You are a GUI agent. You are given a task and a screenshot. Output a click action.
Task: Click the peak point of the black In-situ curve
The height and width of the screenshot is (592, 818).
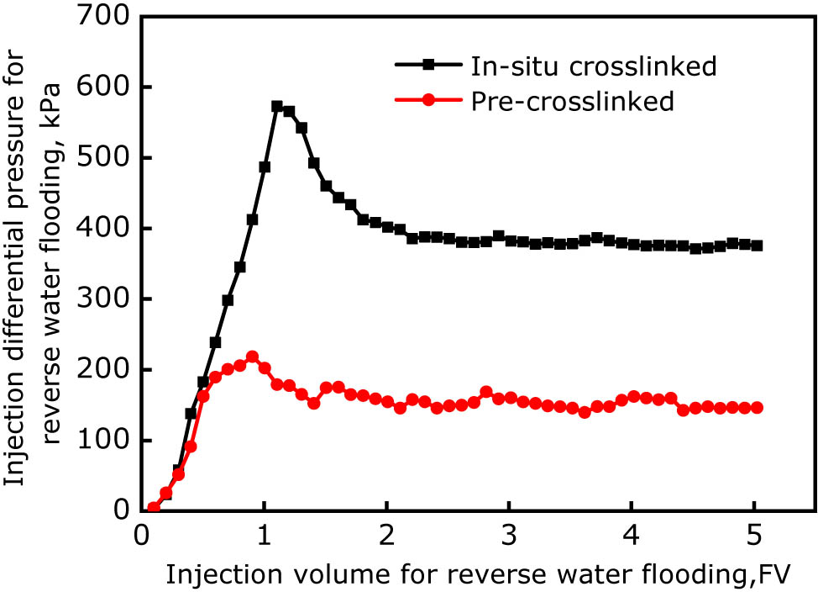pos(277,107)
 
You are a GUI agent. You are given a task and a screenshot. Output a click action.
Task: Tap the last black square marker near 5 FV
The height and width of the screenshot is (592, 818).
pos(757,246)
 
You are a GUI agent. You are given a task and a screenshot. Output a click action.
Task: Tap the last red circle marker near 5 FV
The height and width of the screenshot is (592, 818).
pos(757,408)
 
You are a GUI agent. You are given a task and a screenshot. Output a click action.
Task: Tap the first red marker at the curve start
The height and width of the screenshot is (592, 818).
pos(153,508)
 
